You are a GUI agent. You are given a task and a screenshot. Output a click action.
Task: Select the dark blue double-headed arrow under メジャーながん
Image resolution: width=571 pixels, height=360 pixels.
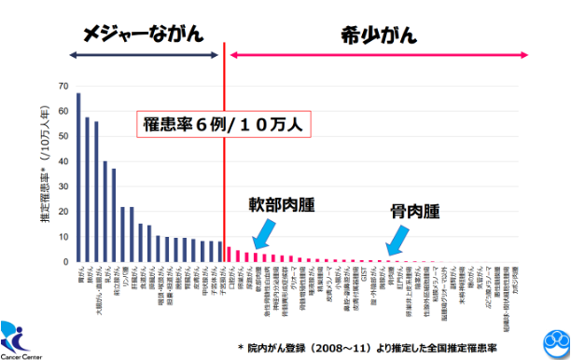coord(141,56)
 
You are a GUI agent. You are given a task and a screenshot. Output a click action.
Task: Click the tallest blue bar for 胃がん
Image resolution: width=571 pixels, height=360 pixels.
coord(78,177)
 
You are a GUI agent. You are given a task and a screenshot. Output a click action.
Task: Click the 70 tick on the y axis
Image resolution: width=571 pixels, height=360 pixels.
coord(63,87)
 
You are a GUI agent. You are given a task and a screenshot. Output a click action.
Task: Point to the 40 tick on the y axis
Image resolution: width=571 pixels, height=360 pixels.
coord(63,162)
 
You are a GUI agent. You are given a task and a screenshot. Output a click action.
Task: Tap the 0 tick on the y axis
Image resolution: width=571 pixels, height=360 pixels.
coord(65,262)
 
